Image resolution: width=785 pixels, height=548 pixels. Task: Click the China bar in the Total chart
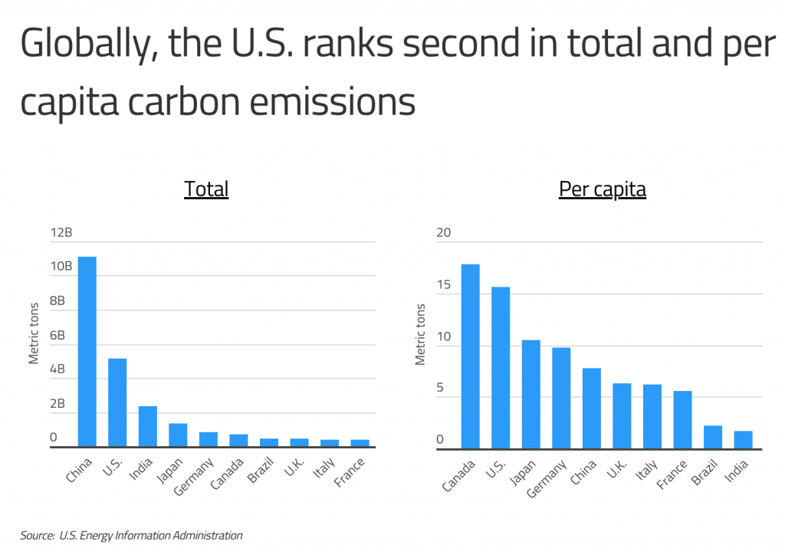tap(87, 352)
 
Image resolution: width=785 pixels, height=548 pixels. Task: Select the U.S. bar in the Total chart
tap(117, 402)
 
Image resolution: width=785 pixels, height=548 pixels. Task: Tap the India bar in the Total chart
tap(147, 426)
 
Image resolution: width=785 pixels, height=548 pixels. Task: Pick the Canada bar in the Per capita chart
tap(470, 356)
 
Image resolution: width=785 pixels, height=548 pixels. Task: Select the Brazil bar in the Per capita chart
tap(713, 437)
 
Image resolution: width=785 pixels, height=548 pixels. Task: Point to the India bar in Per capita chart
tap(743, 439)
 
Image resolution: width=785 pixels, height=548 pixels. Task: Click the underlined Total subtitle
tap(206, 189)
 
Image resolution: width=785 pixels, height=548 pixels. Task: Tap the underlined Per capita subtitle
tap(602, 189)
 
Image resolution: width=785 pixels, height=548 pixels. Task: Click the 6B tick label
tap(58, 336)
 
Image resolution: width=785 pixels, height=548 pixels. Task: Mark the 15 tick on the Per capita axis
tap(445, 285)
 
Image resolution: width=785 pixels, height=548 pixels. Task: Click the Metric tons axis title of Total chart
tap(34, 334)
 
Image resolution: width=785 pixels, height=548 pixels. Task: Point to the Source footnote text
tap(131, 536)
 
